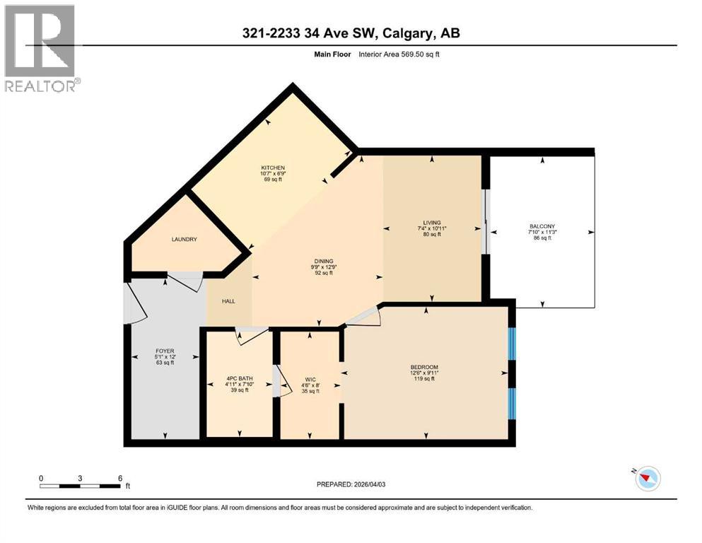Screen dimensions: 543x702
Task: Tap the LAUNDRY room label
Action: [184, 239]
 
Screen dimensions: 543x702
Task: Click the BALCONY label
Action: [542, 226]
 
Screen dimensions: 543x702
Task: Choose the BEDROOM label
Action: [424, 367]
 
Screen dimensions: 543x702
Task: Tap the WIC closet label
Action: [310, 379]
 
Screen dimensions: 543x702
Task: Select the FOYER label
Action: [164, 351]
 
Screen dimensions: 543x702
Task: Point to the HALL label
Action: [228, 301]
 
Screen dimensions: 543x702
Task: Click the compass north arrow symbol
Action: [647, 479]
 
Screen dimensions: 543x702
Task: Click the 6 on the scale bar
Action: [120, 478]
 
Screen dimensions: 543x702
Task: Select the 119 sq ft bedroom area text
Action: [424, 379]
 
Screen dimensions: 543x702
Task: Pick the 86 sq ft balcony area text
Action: [542, 238]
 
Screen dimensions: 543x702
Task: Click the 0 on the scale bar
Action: [41, 478]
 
